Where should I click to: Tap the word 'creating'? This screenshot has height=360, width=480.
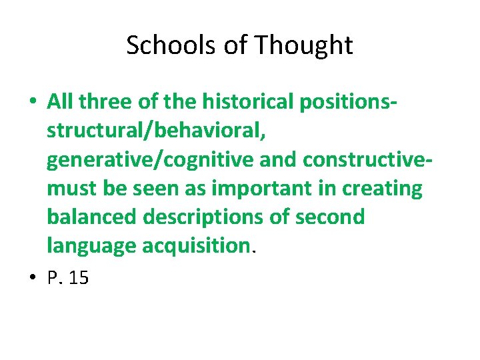click(382, 189)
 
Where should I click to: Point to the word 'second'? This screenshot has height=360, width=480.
click(332, 217)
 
